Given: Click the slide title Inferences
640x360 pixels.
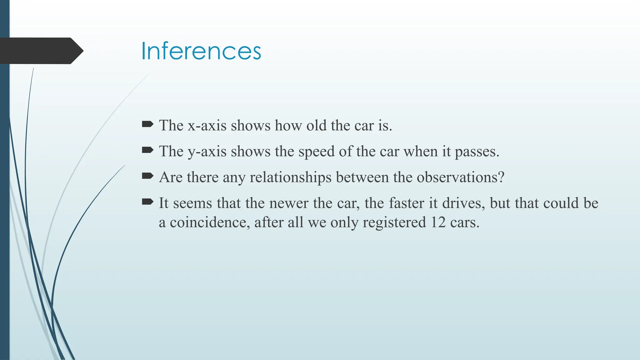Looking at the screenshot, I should pyautogui.click(x=201, y=51).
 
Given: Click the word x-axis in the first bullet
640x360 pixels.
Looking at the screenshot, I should pyautogui.click(x=207, y=126).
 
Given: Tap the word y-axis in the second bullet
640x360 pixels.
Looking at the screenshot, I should pyautogui.click(x=207, y=152).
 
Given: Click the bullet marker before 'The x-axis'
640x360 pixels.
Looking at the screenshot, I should pyautogui.click(x=147, y=124).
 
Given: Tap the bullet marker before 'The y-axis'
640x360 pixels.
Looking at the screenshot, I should pyautogui.click(x=147, y=150).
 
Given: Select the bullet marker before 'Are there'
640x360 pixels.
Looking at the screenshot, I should pyautogui.click(x=147, y=176).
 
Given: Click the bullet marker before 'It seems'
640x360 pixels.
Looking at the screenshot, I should pyautogui.click(x=147, y=202).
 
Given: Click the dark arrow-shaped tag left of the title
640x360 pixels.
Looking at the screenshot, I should pyautogui.click(x=41, y=51).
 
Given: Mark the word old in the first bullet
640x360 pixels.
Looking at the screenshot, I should pyautogui.click(x=316, y=126).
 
